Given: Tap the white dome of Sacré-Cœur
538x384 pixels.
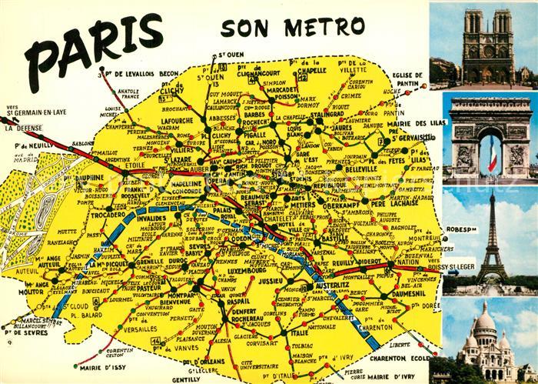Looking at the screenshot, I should click(x=484, y=323).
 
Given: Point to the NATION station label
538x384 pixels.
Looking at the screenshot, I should click(x=407, y=262).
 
